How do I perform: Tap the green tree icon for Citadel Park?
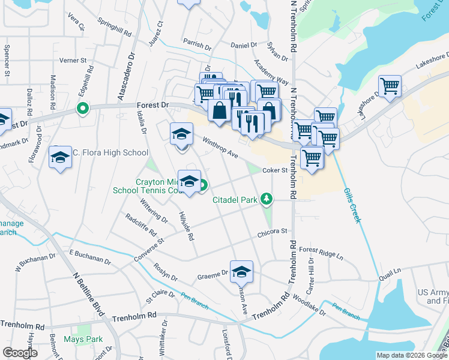coord(265,199)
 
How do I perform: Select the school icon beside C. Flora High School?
coord(59,157)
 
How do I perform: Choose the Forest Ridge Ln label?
coord(321,253)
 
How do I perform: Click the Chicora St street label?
coord(273,231)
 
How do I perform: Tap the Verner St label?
coord(73,61)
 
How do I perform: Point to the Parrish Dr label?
coord(197,46)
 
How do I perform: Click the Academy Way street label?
coord(271,72)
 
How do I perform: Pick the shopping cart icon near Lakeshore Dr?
coord(390,86)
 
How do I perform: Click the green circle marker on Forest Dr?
coord(82,109)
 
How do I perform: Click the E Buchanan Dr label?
coord(90,258)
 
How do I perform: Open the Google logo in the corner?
coord(20,352)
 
